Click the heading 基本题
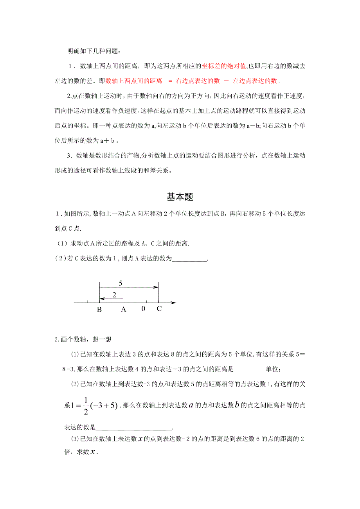click(x=180, y=197)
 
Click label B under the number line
click(x=99, y=310)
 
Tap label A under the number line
click(x=123, y=310)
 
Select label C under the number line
click(x=159, y=309)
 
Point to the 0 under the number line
click(x=144, y=309)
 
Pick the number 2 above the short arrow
click(x=114, y=295)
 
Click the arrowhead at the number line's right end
click(x=174, y=303)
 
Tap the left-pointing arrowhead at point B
click(x=101, y=299)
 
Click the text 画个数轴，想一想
click(x=83, y=339)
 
